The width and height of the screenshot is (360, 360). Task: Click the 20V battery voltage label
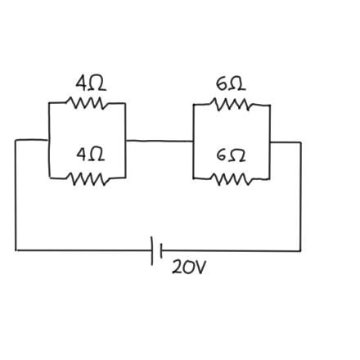pos(189,267)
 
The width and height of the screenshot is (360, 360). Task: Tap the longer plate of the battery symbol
pos(152,250)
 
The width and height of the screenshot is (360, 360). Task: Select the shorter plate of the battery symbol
pos(161,250)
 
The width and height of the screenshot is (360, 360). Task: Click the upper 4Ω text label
pos(89,83)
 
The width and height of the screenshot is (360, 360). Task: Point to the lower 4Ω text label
pos(89,154)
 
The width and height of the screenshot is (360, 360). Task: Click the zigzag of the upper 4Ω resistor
pos(87,103)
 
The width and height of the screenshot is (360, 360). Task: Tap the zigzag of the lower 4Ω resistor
pos(87,176)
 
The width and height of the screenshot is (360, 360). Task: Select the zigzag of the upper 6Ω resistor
pos(232,104)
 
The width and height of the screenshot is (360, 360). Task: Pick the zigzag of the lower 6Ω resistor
pos(232,176)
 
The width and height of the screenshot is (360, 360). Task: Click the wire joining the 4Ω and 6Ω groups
pos(160,139)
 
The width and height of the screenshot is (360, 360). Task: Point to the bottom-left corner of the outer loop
pos(16,249)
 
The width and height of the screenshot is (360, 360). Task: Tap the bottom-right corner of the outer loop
pos(300,250)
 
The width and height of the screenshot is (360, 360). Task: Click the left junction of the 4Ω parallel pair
pos(49,139)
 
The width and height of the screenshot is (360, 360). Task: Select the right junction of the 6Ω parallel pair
pos(270,142)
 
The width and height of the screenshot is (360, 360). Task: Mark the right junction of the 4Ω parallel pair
pos(125,139)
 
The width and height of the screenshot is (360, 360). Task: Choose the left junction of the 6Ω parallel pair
pos(194,140)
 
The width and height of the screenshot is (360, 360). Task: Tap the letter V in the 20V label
pos(200,267)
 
